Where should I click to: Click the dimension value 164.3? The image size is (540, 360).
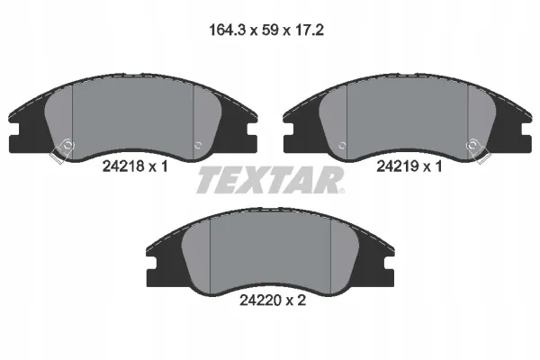pyautogui.click(x=227, y=31)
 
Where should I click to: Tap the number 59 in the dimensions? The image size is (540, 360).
pyautogui.click(x=270, y=31)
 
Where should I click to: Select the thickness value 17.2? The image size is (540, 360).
pyautogui.click(x=310, y=31)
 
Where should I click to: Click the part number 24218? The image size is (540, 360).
pyautogui.click(x=123, y=166)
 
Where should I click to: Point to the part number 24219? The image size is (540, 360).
pyautogui.click(x=397, y=166)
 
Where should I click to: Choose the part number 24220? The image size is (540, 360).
pyautogui.click(x=260, y=301)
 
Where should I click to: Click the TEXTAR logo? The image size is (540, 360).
pyautogui.click(x=269, y=180)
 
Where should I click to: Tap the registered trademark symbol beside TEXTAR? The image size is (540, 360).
pyautogui.click(x=341, y=191)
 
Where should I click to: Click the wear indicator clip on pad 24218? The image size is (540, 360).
pyautogui.click(x=62, y=150)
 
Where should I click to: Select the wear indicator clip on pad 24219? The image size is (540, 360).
pyautogui.click(x=477, y=150)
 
